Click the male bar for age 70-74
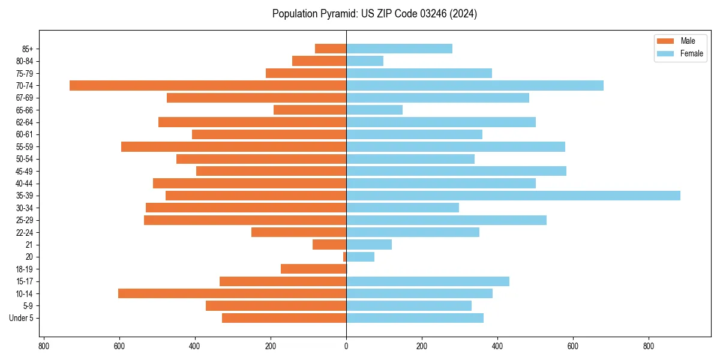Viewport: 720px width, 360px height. [208, 85]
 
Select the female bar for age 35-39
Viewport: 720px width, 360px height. [513, 196]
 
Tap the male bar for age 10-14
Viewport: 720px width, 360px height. [232, 293]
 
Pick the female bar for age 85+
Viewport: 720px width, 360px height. [399, 49]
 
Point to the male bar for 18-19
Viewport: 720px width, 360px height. [313, 269]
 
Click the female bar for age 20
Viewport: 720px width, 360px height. [360, 257]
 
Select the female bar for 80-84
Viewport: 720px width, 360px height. [365, 61]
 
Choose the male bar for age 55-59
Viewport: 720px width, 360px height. [233, 146]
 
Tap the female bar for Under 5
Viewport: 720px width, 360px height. [415, 318]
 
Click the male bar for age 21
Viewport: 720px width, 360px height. [329, 244]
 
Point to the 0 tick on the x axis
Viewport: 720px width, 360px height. [346, 346]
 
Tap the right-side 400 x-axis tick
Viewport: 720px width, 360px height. [497, 346]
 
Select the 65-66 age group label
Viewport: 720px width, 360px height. [25, 110]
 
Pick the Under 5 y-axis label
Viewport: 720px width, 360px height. [21, 318]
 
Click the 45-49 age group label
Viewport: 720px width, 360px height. [25, 171]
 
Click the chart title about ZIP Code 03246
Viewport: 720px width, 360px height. [374, 14]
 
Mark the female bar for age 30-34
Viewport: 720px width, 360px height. [403, 208]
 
